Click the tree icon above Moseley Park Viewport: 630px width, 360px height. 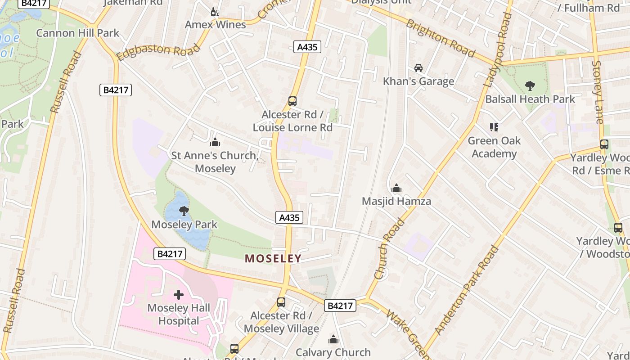point(184,211)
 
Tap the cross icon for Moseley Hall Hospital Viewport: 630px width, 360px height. point(179,295)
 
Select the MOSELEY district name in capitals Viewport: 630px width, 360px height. point(273,258)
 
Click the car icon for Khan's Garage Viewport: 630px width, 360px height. point(418,68)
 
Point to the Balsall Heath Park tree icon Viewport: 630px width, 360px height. point(530,85)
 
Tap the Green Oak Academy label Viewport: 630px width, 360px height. point(494,147)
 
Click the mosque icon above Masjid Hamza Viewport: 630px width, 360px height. point(396,188)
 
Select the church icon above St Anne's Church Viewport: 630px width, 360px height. point(215,143)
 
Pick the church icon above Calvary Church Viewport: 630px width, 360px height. point(333,339)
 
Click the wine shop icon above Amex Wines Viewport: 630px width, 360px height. point(215,12)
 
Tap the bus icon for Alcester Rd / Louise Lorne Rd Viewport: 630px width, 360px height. point(292,101)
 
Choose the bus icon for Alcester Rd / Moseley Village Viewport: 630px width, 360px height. point(281,302)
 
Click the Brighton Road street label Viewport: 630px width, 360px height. point(440,38)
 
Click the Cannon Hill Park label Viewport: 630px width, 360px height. point(77,33)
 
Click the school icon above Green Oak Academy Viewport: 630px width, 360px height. point(494,127)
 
